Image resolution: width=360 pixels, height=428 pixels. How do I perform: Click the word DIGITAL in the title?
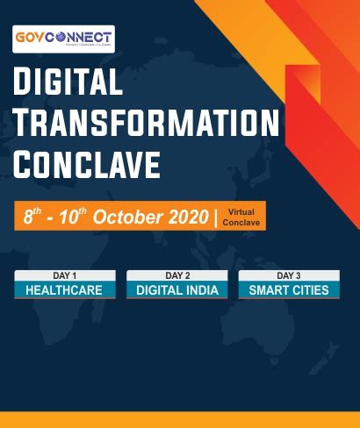68,83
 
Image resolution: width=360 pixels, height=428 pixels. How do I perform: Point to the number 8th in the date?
34,217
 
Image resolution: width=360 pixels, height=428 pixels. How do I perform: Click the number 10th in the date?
71,217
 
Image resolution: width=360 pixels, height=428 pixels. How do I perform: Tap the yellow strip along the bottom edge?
180,419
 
